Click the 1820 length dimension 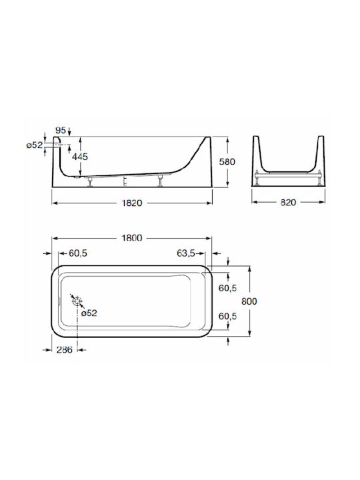[132, 203]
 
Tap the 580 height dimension [227, 161]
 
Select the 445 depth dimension [80, 157]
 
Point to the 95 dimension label [61, 131]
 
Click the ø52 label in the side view [35, 145]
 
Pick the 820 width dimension [288, 203]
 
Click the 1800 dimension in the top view [132, 238]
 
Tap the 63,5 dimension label [186, 253]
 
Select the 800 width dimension [249, 301]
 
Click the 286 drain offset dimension [65, 349]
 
